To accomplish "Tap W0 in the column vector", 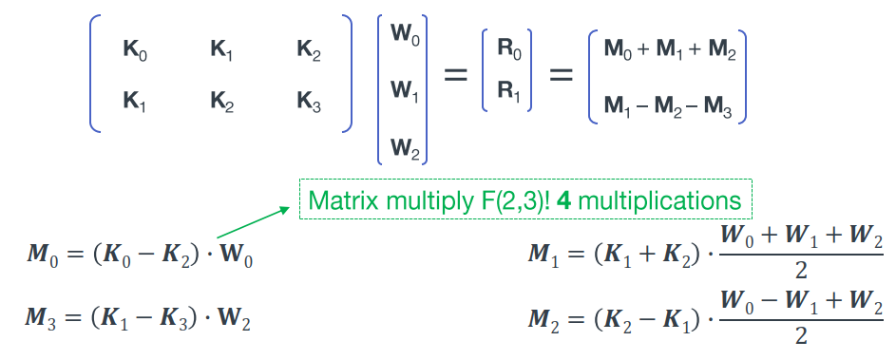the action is pyautogui.click(x=404, y=35).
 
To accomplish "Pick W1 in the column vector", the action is pyautogui.click(x=404, y=92).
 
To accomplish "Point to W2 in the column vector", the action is pyautogui.click(x=404, y=147).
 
